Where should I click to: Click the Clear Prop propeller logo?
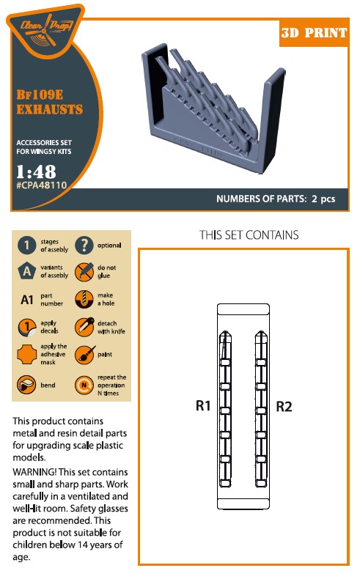click(45, 29)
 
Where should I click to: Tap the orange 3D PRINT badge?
click(314, 32)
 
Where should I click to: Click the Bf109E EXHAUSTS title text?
click(49, 102)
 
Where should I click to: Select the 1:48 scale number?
click(36, 172)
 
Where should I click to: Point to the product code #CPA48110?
click(41, 185)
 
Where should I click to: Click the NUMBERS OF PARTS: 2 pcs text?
click(276, 199)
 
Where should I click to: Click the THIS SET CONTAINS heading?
click(249, 235)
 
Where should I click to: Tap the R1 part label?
click(202, 405)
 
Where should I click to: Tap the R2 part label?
click(284, 406)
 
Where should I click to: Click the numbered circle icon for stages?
click(26, 246)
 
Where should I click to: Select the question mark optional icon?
click(84, 246)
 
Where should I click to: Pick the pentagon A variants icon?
click(26, 271)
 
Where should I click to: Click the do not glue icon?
click(84, 272)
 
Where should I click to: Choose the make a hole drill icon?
click(84, 299)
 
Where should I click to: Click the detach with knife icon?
click(84, 327)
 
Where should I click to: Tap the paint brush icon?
click(84, 355)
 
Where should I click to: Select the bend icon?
click(26, 385)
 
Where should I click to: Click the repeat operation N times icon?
click(84, 385)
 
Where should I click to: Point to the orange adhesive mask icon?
click(27, 355)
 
